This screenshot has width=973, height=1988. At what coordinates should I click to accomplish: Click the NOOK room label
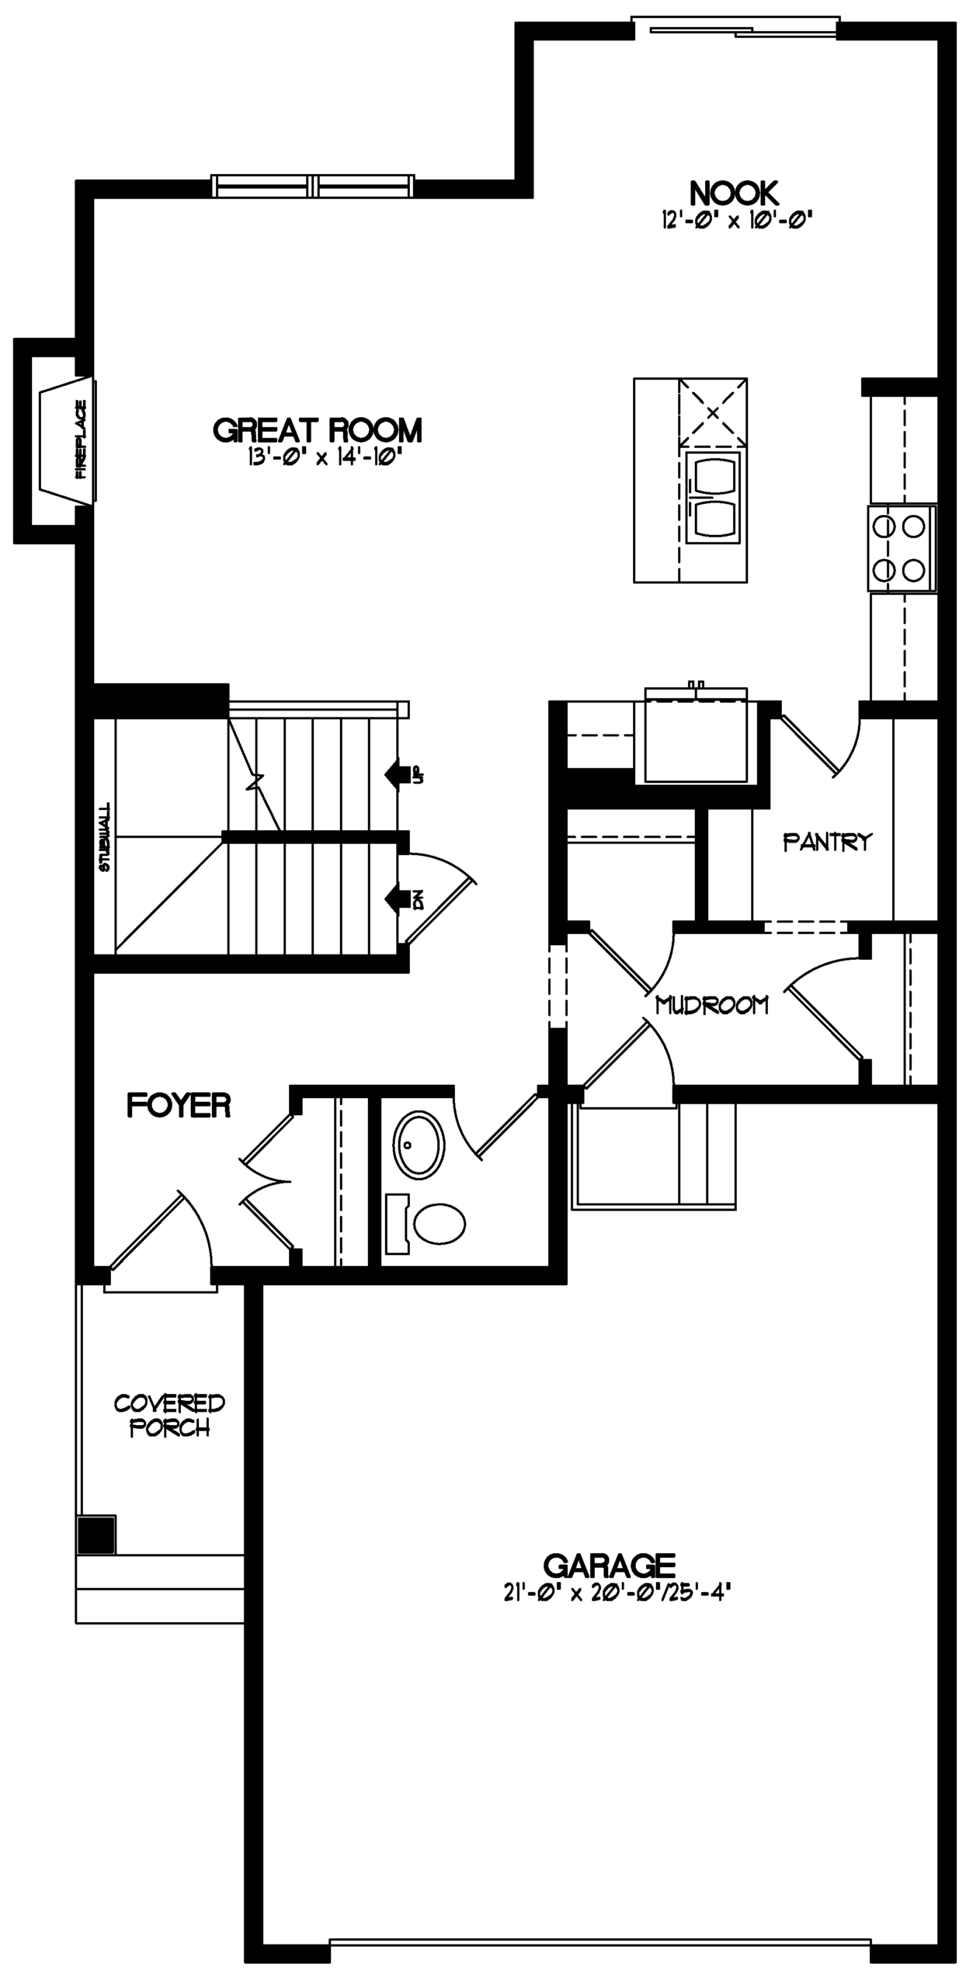pyautogui.click(x=734, y=192)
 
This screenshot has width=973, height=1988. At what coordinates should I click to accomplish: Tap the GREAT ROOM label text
pyautogui.click(x=318, y=429)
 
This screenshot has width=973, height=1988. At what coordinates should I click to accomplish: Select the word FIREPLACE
pyautogui.click(x=81, y=440)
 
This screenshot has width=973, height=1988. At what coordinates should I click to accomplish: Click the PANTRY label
pyautogui.click(x=827, y=842)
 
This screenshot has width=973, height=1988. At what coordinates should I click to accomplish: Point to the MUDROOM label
pyautogui.click(x=712, y=1005)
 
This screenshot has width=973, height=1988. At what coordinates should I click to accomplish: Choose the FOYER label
pyautogui.click(x=179, y=1105)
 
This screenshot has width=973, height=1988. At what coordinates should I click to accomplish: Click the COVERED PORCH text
pyautogui.click(x=169, y=1415)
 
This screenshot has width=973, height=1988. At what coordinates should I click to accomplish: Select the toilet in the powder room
pyautogui.click(x=426, y=1223)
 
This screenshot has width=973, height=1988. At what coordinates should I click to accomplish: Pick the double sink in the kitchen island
pyautogui.click(x=713, y=498)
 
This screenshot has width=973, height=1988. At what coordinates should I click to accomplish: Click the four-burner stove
pyautogui.click(x=902, y=549)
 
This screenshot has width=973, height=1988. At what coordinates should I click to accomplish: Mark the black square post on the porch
pyautogui.click(x=96, y=1534)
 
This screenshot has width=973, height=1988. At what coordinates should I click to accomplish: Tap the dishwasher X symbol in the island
pyautogui.click(x=713, y=413)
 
